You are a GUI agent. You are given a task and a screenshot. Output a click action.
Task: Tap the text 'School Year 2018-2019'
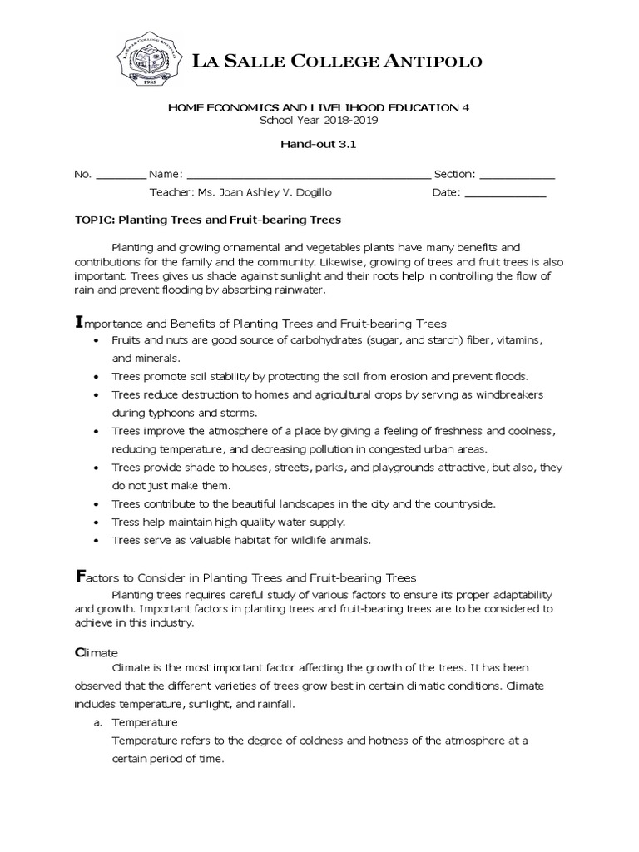[x=319, y=120]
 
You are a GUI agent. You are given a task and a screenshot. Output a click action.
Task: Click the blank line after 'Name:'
[x=309, y=176]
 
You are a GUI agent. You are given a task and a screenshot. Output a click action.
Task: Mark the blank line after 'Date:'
[x=505, y=194]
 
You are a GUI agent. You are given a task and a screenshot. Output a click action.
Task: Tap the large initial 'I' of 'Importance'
[x=79, y=322]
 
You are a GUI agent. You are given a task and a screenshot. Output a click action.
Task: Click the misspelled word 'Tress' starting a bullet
[x=126, y=522]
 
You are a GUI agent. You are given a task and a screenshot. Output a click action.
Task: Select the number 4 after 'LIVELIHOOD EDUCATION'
[x=477, y=107]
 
